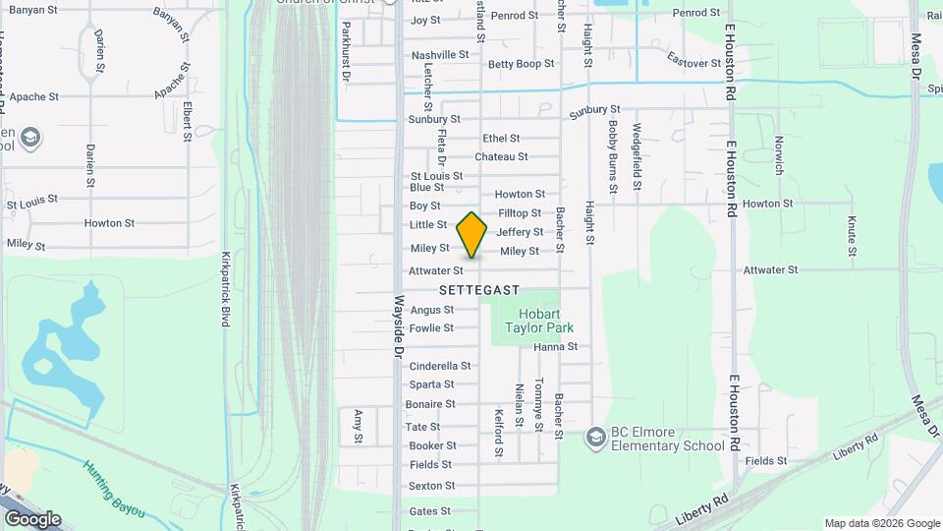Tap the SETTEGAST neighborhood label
point(479,290)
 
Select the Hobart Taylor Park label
point(538,320)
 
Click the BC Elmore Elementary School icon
point(594,436)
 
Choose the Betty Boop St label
point(521,64)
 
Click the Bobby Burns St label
point(612,154)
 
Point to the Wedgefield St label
point(637,155)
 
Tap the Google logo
point(32,518)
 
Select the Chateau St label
point(501,156)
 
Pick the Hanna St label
point(555,346)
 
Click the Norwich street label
point(779,155)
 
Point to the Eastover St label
point(693,61)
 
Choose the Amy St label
point(359,426)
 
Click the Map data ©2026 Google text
point(881,523)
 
